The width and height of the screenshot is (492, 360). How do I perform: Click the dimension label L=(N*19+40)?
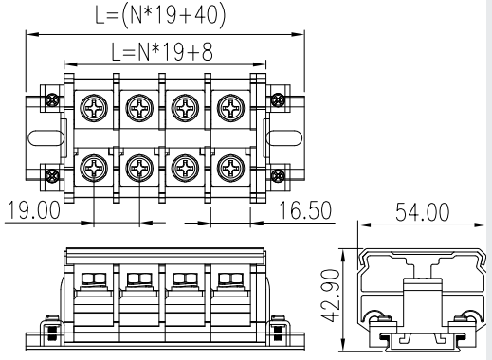[160, 15]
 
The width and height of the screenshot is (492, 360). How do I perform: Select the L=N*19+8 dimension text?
[162, 52]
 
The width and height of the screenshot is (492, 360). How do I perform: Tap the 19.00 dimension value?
[33, 209]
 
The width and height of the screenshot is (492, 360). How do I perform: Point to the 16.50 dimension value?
[305, 209]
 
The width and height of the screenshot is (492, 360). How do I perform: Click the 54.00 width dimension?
[422, 212]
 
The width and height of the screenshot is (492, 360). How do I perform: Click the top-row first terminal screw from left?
[94, 108]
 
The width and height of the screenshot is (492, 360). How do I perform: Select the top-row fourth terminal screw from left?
[230, 108]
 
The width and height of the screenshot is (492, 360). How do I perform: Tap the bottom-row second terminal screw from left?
[139, 168]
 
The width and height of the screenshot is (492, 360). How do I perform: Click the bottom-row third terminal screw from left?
[185, 168]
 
